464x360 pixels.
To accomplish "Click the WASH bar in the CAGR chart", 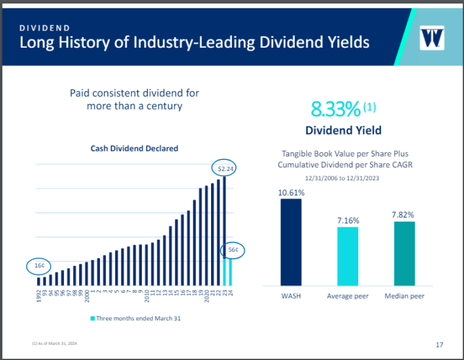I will click(291, 242).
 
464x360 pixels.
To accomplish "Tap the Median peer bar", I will click(404, 254).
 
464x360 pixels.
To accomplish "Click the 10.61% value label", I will click(291, 192).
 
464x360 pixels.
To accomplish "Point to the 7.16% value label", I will click(348, 221).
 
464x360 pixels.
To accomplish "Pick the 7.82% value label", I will click(404, 215).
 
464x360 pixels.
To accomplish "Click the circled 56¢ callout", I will click(233, 250).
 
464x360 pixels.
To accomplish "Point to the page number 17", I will click(439, 344).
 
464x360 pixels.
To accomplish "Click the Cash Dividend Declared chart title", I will click(134, 148).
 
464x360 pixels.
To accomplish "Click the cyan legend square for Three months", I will click(92, 318).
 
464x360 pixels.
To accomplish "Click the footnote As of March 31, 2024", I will click(54, 344).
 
